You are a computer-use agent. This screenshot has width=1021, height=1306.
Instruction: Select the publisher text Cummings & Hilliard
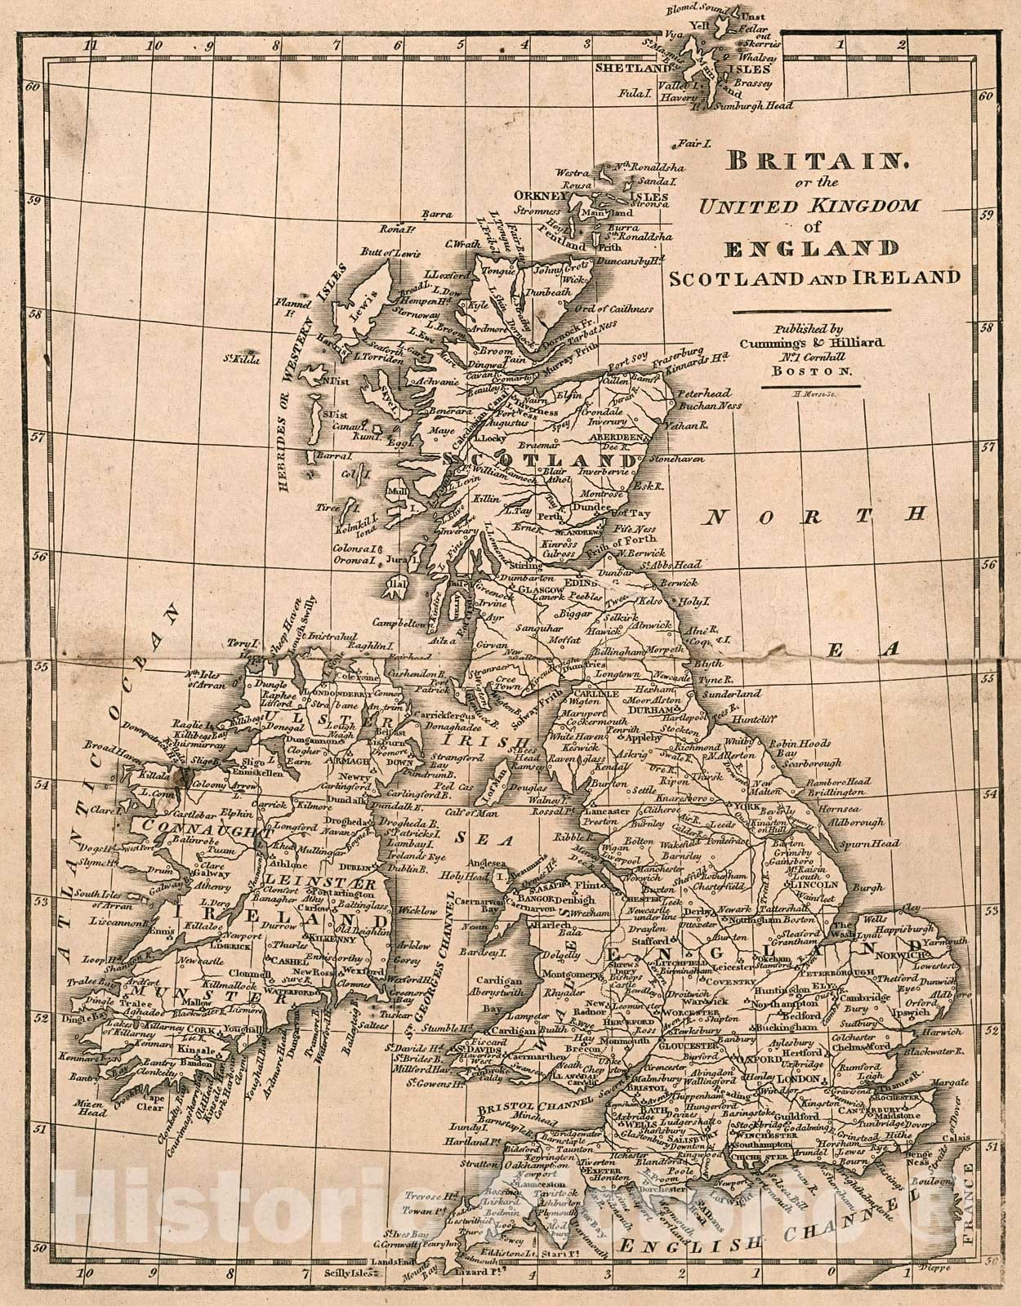pyautogui.click(x=811, y=343)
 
